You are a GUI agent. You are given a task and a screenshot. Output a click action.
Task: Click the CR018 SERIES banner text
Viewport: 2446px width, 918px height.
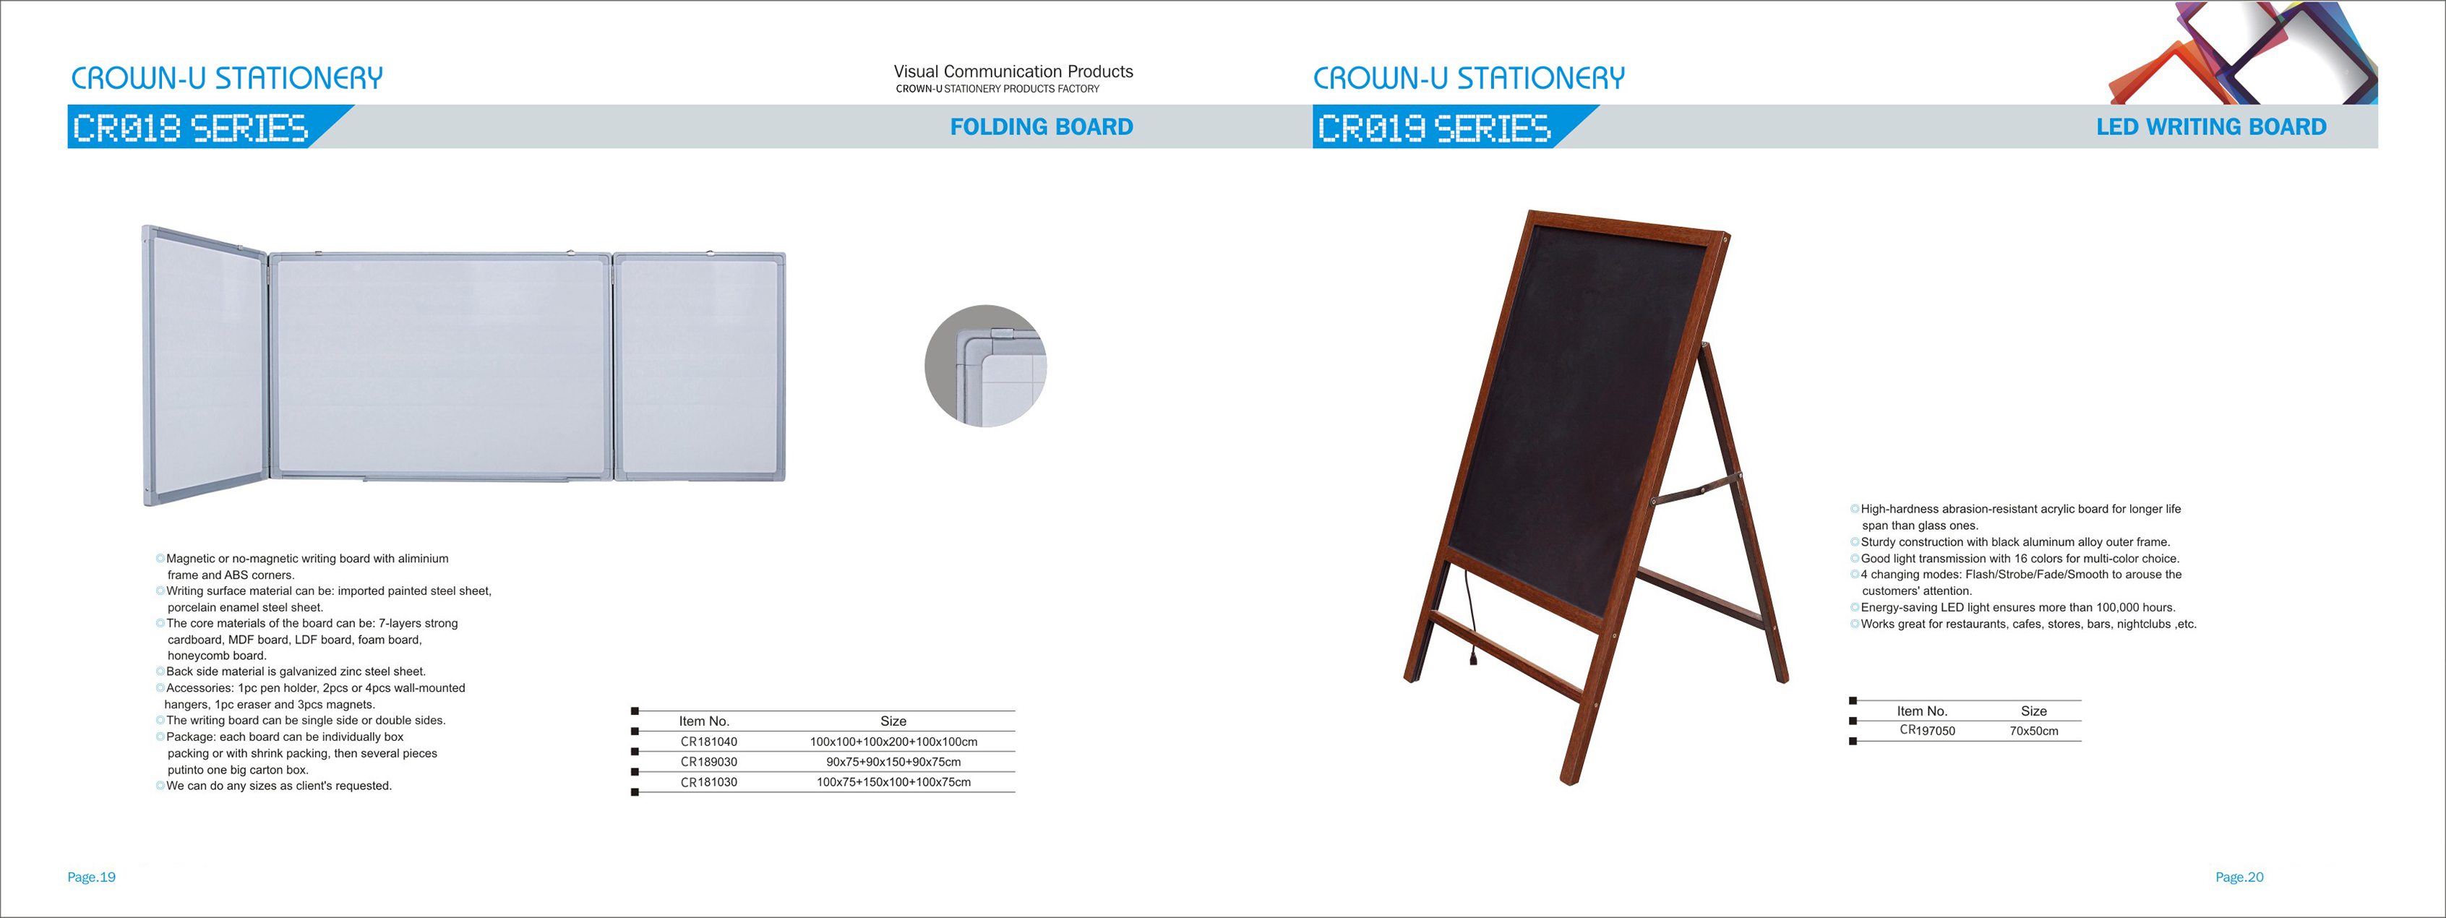click(191, 127)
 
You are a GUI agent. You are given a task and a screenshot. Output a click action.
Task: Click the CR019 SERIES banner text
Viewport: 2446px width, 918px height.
click(1435, 127)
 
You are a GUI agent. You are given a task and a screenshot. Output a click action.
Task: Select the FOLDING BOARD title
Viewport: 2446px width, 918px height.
click(1042, 126)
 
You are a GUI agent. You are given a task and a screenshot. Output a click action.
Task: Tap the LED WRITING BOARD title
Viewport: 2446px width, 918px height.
click(2212, 126)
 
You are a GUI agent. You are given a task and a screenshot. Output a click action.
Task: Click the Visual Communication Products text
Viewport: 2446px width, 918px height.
click(1013, 72)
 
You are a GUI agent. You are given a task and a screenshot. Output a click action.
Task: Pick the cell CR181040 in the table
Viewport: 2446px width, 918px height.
click(708, 742)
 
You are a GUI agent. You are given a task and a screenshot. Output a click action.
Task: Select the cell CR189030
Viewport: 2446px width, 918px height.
click(708, 761)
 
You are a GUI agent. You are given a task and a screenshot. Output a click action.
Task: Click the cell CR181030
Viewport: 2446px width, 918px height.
click(708, 782)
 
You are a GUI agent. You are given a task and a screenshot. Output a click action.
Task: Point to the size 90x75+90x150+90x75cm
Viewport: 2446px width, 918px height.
click(893, 761)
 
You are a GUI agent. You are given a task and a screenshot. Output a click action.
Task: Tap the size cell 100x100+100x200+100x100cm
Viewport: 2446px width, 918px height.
click(893, 742)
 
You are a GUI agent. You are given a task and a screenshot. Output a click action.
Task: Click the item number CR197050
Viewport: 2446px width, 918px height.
click(1928, 730)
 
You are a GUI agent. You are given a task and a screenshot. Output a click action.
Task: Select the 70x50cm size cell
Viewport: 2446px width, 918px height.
click(2034, 731)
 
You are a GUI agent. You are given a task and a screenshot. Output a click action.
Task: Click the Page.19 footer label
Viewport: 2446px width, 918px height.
click(91, 878)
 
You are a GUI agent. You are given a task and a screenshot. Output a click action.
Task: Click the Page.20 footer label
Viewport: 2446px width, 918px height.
click(2239, 878)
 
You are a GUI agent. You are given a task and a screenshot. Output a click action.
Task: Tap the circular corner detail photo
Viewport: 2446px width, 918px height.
click(986, 366)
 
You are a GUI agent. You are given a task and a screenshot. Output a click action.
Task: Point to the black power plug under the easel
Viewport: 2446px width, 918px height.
click(1472, 655)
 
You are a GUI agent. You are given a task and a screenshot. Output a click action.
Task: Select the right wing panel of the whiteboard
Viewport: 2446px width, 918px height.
click(700, 366)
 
